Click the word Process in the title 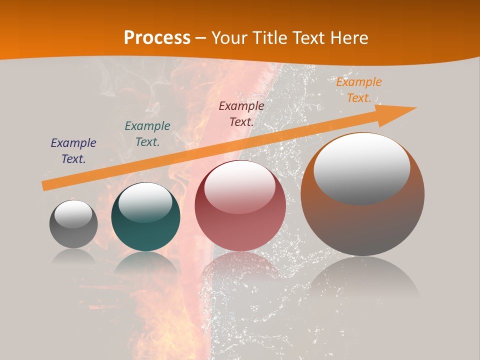click(157, 38)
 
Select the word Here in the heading click(349, 38)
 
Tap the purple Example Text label click(73, 151)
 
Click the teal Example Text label click(147, 134)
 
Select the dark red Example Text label click(241, 113)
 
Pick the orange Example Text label click(359, 90)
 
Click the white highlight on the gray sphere click(73, 214)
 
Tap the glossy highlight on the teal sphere click(145, 202)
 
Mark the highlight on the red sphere click(240, 186)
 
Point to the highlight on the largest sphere click(362, 167)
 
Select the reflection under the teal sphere click(145, 262)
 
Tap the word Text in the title click(309, 38)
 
